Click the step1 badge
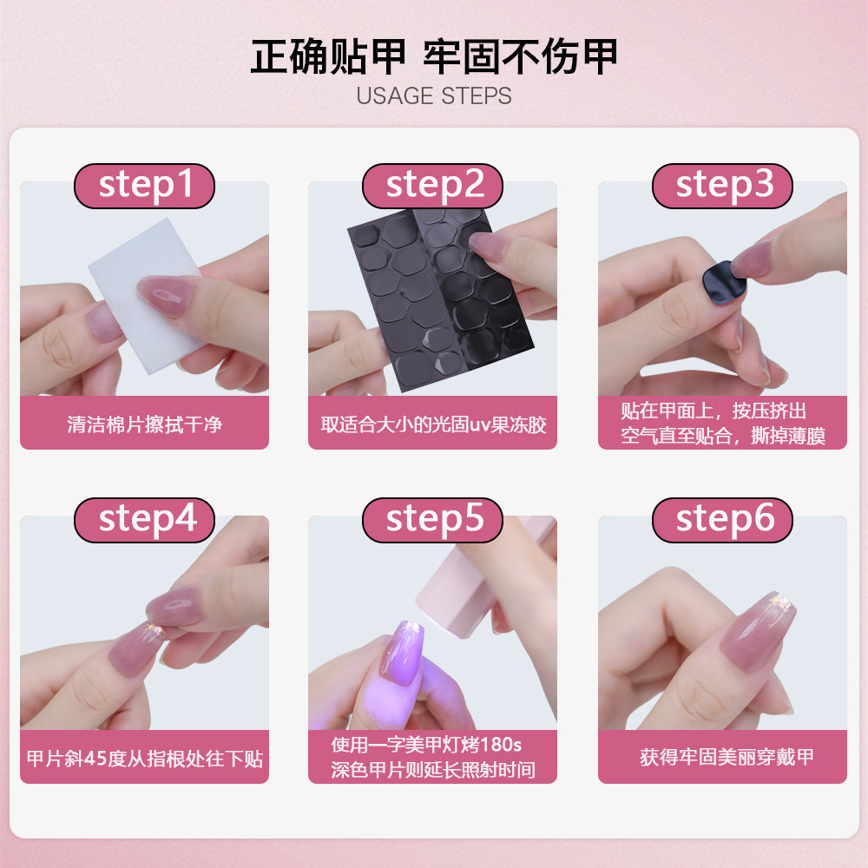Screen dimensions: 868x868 [144, 186]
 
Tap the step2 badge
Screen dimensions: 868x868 [433, 186]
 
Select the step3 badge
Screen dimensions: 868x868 [723, 186]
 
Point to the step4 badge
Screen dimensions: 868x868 [144, 519]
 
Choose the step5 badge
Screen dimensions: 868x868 [433, 519]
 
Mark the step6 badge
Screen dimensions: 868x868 [723, 519]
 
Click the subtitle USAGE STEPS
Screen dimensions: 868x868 [433, 95]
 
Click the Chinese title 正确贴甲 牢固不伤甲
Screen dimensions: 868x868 [433, 57]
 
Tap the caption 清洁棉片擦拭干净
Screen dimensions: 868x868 [144, 424]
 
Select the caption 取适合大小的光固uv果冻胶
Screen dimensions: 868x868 [433, 424]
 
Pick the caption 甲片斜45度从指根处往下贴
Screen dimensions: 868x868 [144, 759]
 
